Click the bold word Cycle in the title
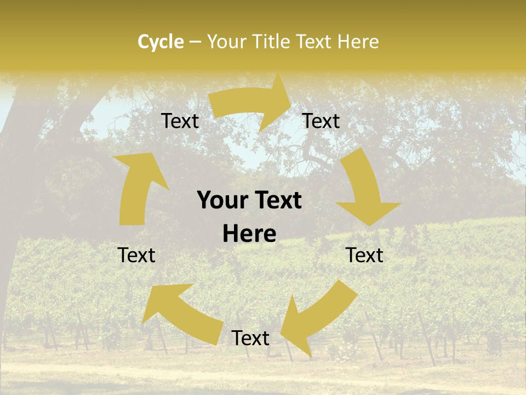[x=161, y=42]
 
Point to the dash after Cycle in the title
[x=195, y=42]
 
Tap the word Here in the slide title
[x=358, y=42]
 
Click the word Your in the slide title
[x=224, y=42]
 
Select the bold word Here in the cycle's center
[x=249, y=234]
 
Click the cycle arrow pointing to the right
[x=252, y=104]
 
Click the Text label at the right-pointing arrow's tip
[x=321, y=121]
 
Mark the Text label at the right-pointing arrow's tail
[x=180, y=121]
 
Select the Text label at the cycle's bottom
[x=250, y=338]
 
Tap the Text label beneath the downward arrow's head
[x=364, y=255]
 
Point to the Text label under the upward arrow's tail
[x=136, y=255]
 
